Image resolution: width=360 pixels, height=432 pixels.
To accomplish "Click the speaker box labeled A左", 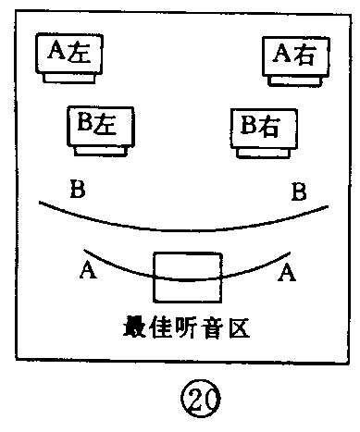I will pyautogui.click(x=69, y=54).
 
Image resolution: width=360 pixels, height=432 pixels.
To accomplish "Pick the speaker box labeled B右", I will pyautogui.click(x=264, y=126).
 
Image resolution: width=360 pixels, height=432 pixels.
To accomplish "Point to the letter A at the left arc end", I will pyautogui.click(x=88, y=269).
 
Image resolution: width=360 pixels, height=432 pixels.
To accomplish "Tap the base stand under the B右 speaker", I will pyautogui.click(x=265, y=152).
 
